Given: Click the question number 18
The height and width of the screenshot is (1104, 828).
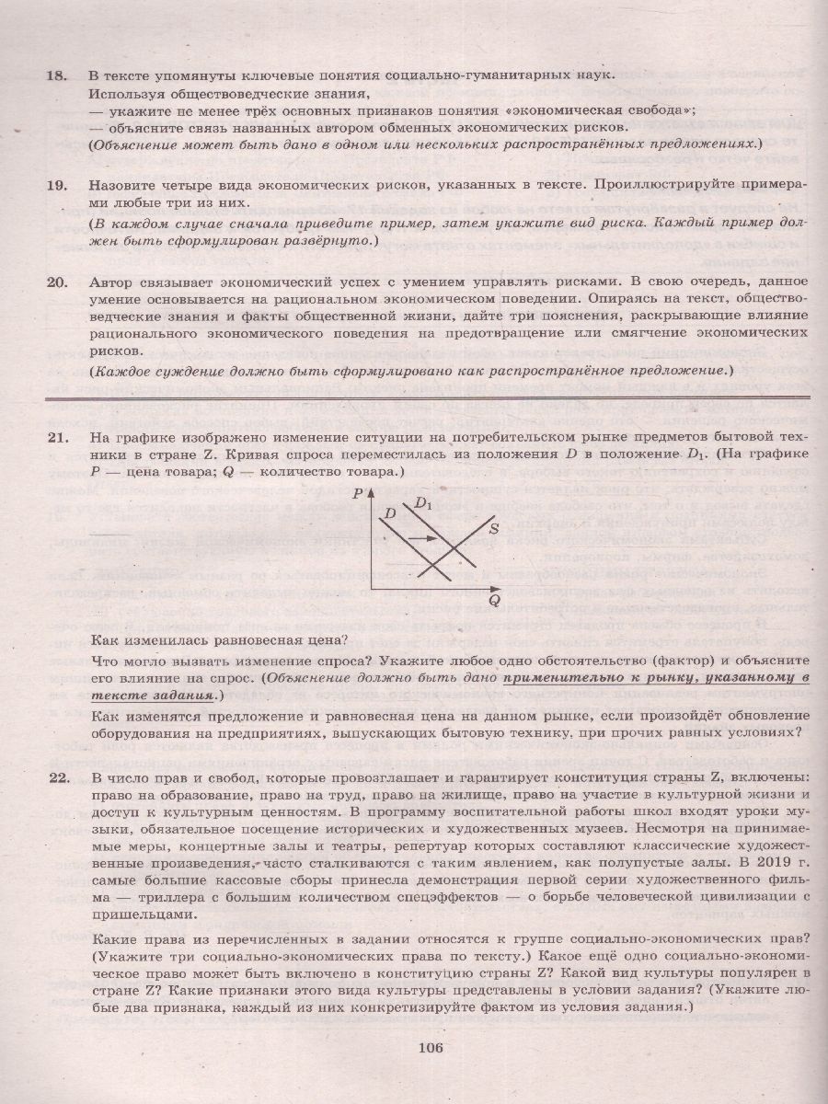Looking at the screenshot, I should point(57,75).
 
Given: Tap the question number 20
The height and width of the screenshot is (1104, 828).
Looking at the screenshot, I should point(57,282).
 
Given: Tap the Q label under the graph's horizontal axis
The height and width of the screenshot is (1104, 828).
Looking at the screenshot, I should point(494,601).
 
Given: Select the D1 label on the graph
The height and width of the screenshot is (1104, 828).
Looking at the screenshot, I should point(423,503).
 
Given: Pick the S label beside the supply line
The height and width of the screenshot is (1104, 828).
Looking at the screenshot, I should point(493,528).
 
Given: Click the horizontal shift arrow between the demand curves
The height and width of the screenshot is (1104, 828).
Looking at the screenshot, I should point(420,538).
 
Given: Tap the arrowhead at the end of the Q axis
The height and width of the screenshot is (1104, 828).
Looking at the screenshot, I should point(498,589).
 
